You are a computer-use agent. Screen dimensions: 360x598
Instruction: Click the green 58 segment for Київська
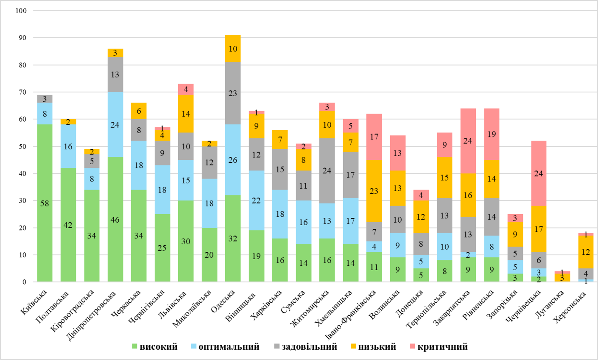coord(45,203)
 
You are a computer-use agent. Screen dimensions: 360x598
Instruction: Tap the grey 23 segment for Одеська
coord(233,93)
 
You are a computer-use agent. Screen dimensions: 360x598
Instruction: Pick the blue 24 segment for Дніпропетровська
coord(115,125)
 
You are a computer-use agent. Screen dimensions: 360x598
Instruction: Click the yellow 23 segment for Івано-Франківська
coord(374,191)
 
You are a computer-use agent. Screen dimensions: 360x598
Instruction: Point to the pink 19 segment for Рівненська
coord(492,134)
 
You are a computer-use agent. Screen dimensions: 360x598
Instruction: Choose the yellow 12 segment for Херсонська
coord(586,252)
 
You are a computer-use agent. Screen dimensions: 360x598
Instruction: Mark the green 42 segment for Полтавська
coord(68,225)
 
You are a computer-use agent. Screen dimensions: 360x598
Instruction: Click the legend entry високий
coord(154,347)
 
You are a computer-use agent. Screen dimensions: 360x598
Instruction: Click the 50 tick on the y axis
coord(22,146)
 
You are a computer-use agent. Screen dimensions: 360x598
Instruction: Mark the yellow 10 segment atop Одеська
coord(233,49)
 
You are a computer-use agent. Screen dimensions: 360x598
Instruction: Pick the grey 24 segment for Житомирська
coord(327,170)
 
